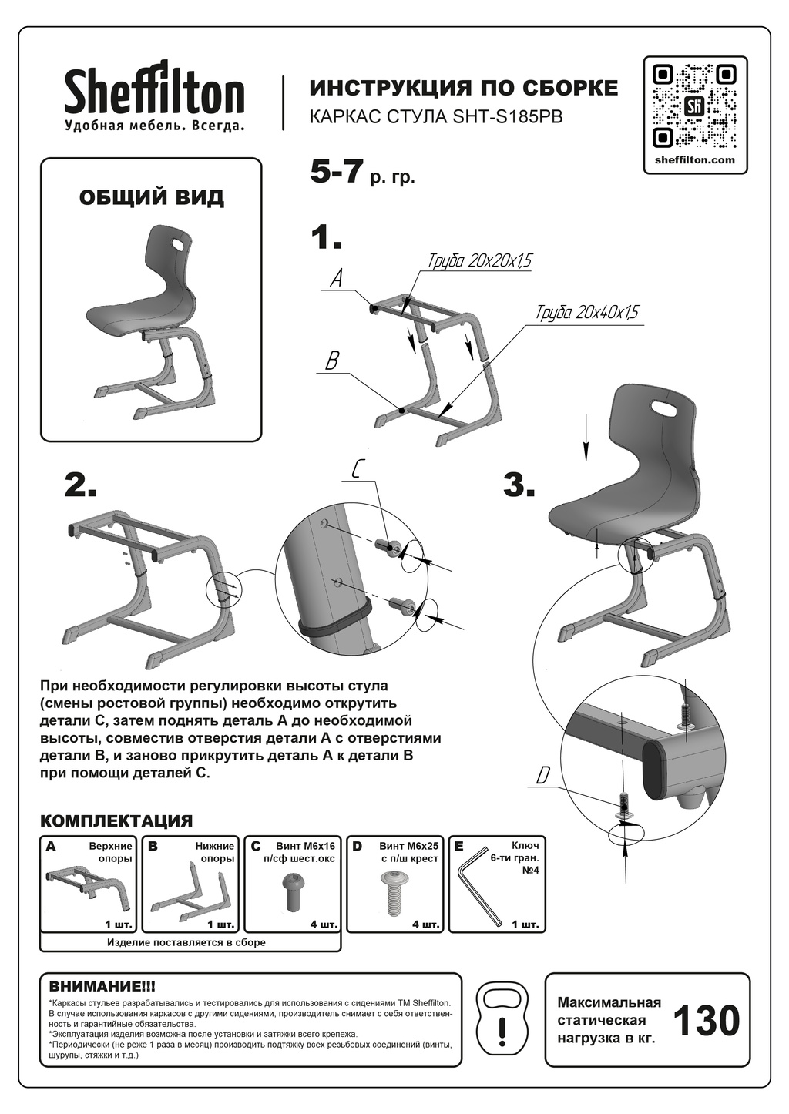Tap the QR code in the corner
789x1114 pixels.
(x=695, y=106)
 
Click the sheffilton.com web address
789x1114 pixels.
(x=695, y=160)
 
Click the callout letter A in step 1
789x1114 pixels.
(x=337, y=279)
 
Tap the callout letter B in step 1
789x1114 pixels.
(x=332, y=361)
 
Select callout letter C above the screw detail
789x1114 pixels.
(x=356, y=469)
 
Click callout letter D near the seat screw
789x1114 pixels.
(x=543, y=775)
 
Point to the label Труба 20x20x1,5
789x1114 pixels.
(x=479, y=262)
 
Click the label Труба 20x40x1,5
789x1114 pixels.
(x=587, y=314)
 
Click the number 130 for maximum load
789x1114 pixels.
(x=707, y=1021)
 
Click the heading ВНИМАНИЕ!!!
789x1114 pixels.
(x=102, y=986)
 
